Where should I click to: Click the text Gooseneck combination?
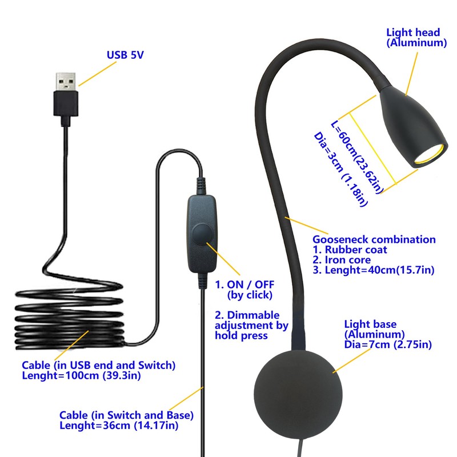pyautogui.click(x=374, y=240)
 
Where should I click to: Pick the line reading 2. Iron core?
pyautogui.click(x=350, y=260)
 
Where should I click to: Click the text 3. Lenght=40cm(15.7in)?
pyautogui.click(x=374, y=270)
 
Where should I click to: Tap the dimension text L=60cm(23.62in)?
pyautogui.click(x=356, y=155)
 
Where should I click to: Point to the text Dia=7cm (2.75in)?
pyautogui.click(x=388, y=344)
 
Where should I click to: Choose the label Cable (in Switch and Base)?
pyautogui.click(x=126, y=415)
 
